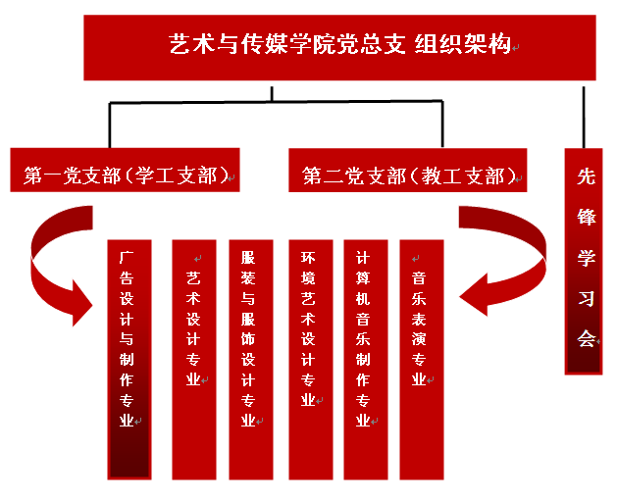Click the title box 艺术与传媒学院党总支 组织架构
339,47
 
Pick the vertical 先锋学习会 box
587,260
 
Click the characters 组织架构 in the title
462,44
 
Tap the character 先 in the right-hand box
587,176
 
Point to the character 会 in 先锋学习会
587,338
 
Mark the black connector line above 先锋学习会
585,115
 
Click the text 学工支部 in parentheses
181,175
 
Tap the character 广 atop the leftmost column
127,257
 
